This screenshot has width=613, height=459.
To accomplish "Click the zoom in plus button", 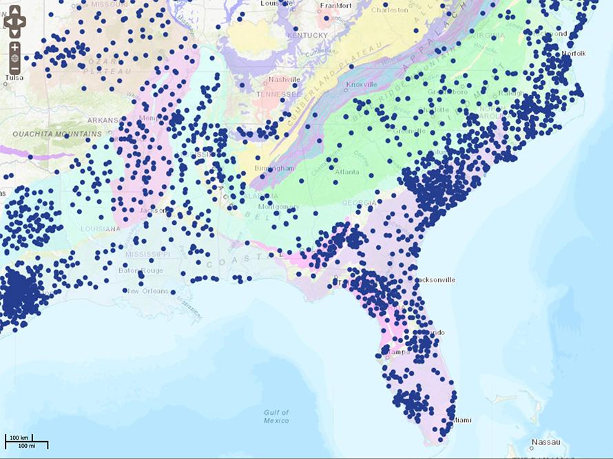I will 14,47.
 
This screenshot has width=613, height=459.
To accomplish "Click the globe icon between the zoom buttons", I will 14,58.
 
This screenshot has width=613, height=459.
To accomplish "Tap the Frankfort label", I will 336,6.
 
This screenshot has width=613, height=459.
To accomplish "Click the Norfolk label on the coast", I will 573,53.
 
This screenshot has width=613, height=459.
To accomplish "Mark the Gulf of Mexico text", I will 276,416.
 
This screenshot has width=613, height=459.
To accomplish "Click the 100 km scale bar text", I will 18,438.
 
